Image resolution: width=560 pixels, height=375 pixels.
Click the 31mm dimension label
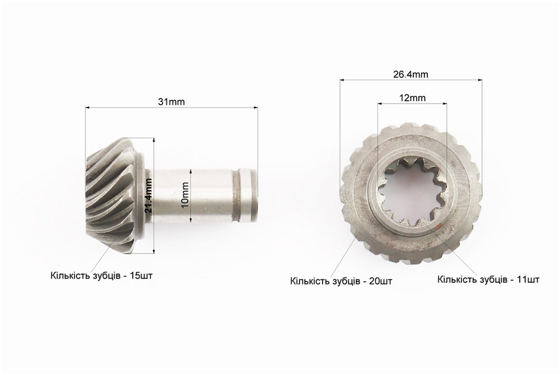click(171, 102)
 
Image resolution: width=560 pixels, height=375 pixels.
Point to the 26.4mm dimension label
click(410, 74)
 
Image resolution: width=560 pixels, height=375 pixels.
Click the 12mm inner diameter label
click(413, 97)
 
